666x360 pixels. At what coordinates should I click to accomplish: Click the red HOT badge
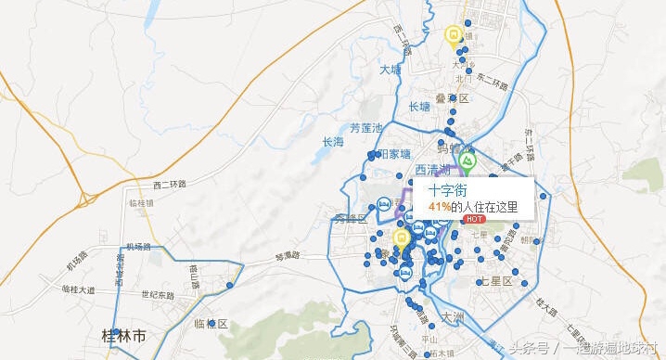tap(474, 219)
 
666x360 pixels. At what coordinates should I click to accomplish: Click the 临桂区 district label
tap(211, 324)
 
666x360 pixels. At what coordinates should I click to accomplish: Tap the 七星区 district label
tap(495, 280)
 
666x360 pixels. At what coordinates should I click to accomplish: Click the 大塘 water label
tap(391, 70)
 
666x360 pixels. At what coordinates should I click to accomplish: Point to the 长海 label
tap(332, 142)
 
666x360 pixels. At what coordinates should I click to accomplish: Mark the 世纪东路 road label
tap(158, 295)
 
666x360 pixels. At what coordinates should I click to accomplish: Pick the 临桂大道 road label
tap(79, 289)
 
